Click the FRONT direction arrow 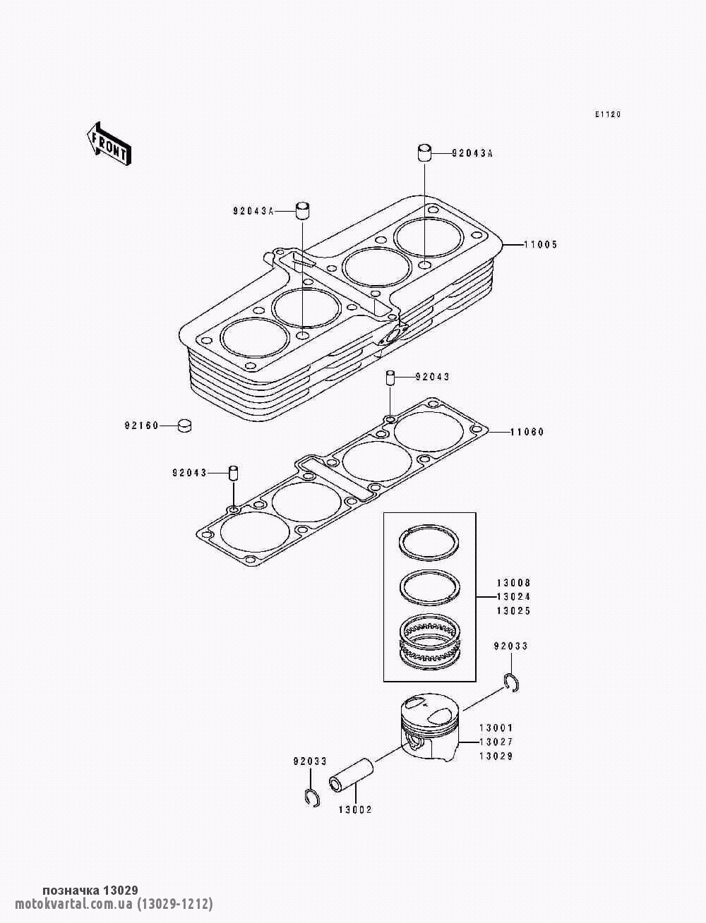[109, 145]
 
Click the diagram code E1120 [608, 114]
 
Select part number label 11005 [540, 244]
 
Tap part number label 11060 [527, 432]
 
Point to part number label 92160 [141, 426]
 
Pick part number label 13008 [514, 583]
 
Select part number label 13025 [514, 610]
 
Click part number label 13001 [496, 728]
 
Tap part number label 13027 [496, 742]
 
